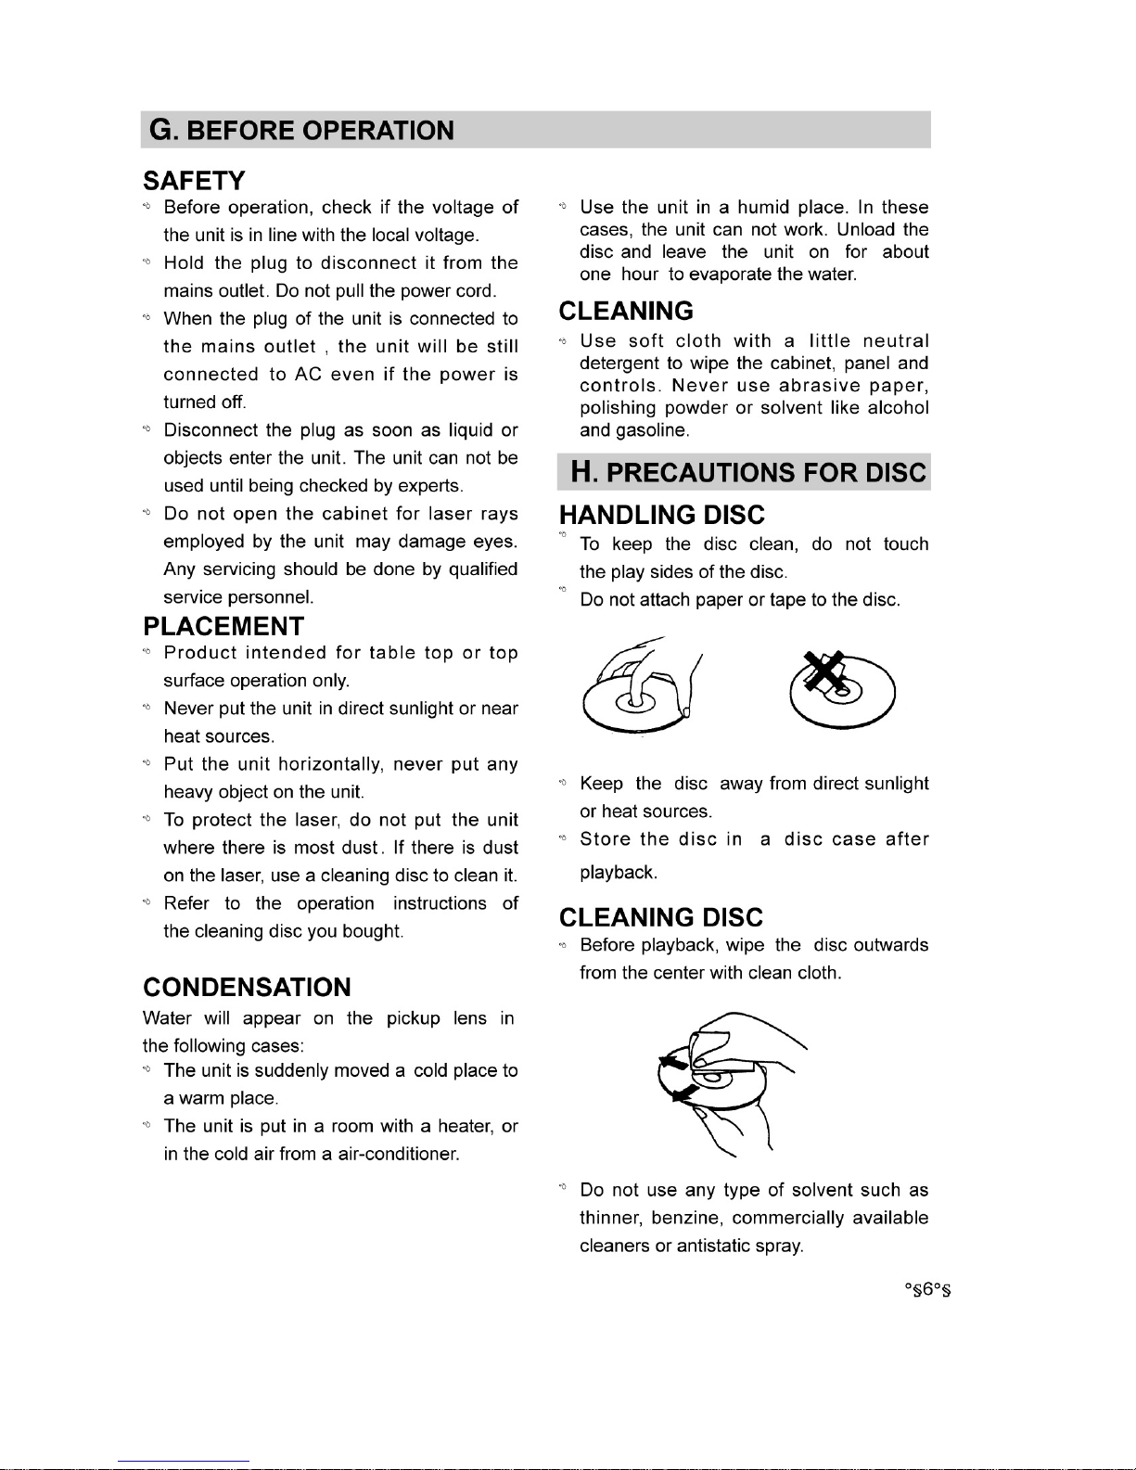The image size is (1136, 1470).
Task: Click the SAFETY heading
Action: (194, 180)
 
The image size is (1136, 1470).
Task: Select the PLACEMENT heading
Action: (223, 626)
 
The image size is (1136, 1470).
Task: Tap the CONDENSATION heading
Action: (247, 987)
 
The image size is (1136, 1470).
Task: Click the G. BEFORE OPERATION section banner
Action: (302, 130)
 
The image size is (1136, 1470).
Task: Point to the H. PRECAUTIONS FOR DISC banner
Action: (747, 472)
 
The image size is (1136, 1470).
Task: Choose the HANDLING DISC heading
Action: (662, 515)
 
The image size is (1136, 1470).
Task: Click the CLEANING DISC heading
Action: (660, 917)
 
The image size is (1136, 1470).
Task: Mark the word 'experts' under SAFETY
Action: (430, 486)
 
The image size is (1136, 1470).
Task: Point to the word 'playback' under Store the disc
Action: (616, 873)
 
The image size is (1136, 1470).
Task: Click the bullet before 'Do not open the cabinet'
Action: (147, 513)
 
